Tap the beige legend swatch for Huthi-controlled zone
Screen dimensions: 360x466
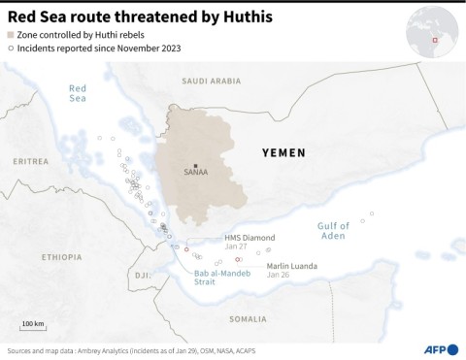pos(12,34)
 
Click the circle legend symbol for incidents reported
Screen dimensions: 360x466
pos(12,48)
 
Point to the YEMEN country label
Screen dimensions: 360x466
pos(284,152)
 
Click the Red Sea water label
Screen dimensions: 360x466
pos(78,93)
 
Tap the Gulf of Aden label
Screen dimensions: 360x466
pos(332,231)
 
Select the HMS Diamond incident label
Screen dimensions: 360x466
pos(250,237)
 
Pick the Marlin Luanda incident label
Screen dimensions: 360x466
pos(291,265)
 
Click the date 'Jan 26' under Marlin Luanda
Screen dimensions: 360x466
pos(278,275)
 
